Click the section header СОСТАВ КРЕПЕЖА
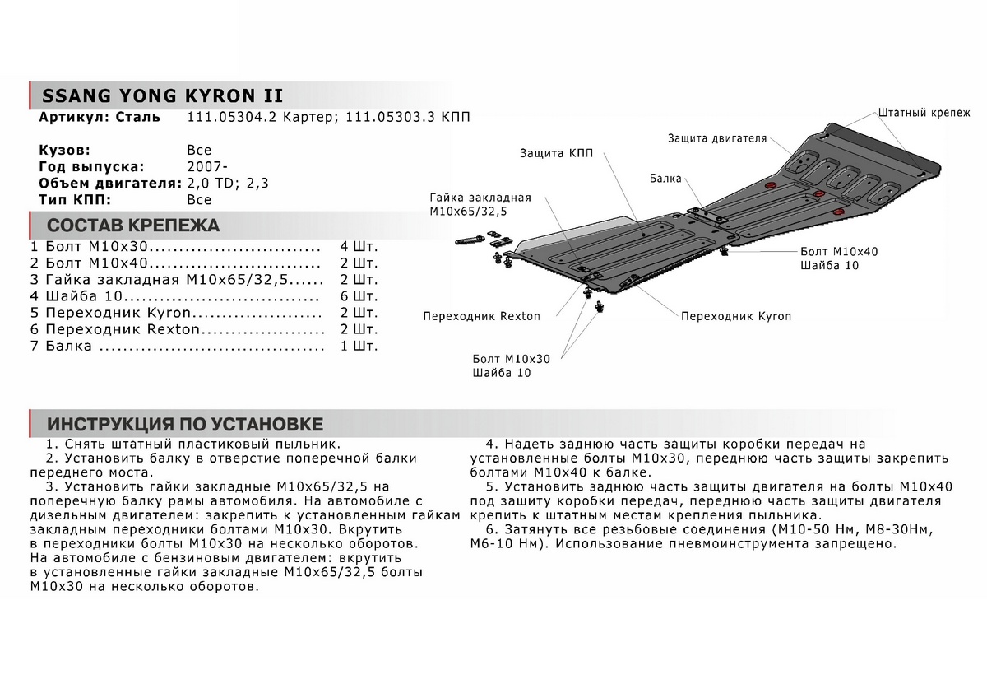(x=133, y=225)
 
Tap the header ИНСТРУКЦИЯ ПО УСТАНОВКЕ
(x=185, y=425)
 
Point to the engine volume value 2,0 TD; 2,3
(x=228, y=184)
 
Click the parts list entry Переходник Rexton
(x=123, y=330)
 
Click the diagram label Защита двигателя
(x=716, y=138)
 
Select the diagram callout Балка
(x=664, y=178)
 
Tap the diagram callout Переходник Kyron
(x=736, y=316)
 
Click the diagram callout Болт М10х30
(x=511, y=359)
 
